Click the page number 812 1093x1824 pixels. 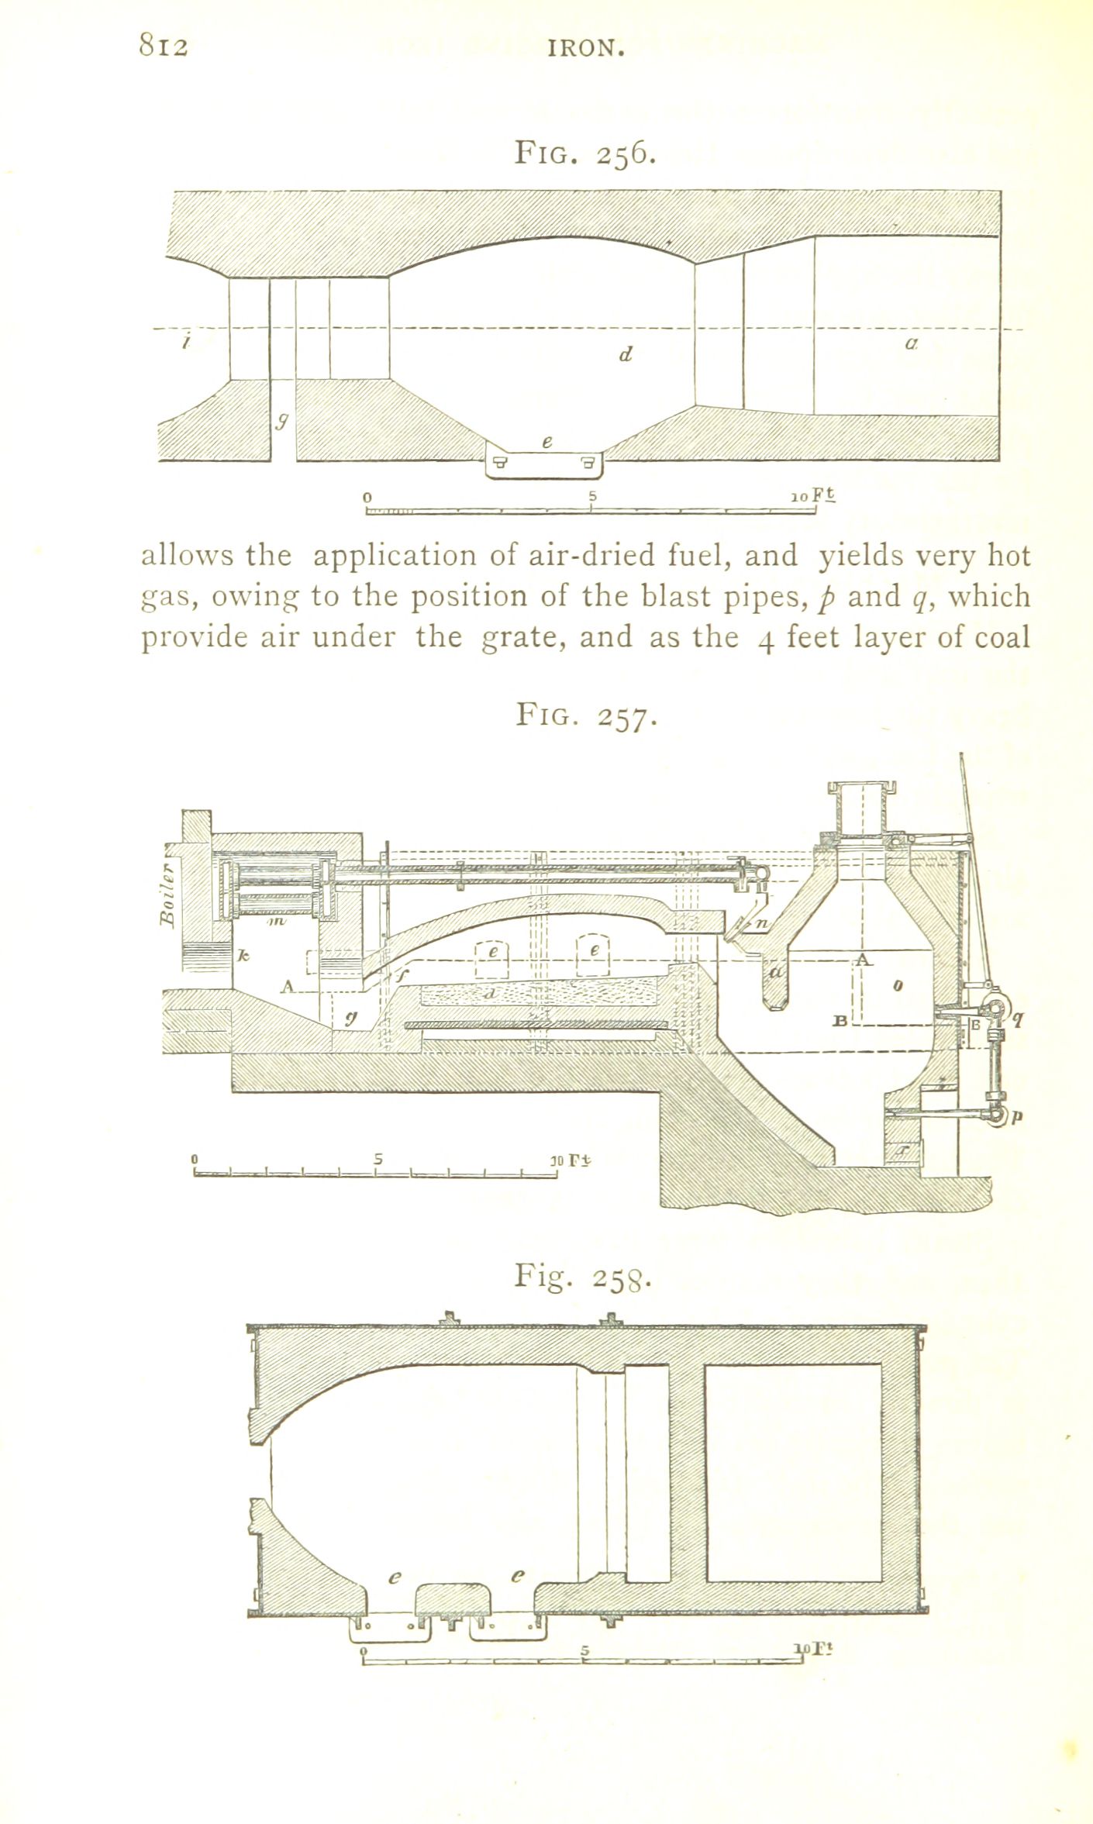[x=164, y=47]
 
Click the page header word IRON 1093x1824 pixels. [x=585, y=49]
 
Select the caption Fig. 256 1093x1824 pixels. [x=586, y=154]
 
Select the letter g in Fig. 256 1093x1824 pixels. [x=283, y=421]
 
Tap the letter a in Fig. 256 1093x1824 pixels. [x=912, y=342]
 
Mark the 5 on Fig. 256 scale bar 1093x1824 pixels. [x=591, y=496]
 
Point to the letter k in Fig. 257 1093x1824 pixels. [x=243, y=958]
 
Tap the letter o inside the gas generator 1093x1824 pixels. [x=898, y=987]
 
